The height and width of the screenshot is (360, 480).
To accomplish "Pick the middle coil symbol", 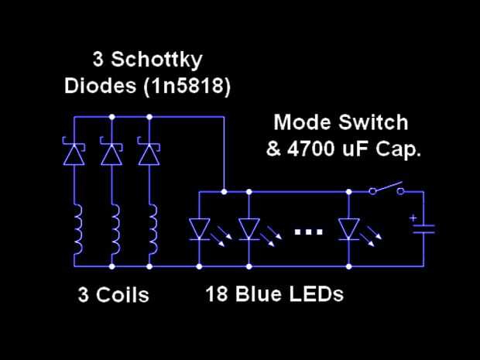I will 115,230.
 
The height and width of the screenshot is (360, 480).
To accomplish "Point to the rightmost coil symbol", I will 152,230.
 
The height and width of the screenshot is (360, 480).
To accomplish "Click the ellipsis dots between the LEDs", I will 308,231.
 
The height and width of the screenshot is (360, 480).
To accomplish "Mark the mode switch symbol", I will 386,188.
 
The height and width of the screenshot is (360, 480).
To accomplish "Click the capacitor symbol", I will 423,228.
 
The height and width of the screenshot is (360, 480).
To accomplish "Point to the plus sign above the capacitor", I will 413,218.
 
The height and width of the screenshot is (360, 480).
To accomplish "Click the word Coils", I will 122,295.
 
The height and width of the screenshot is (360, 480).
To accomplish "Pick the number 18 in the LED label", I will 216,294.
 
